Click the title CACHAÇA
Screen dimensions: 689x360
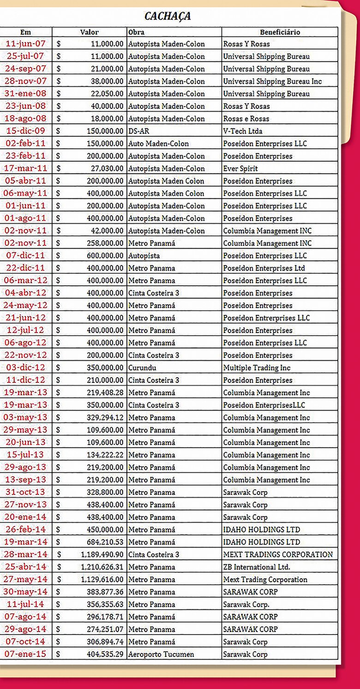point(168,16)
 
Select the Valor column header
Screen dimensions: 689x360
point(89,32)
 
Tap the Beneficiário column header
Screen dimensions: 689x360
point(280,32)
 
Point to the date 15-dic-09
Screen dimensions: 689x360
point(26,131)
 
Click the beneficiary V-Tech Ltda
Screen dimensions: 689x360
point(242,131)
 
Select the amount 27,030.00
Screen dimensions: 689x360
point(105,168)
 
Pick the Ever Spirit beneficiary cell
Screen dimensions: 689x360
point(240,168)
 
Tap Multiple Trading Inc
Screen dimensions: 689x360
point(257,368)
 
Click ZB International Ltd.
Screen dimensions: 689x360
point(257,567)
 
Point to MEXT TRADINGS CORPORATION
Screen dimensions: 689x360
point(278,555)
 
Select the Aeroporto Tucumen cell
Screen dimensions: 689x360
point(161,654)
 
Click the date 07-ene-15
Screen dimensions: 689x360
point(26,654)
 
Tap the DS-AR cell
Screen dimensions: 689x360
point(138,131)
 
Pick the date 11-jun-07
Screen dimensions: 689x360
point(26,44)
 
